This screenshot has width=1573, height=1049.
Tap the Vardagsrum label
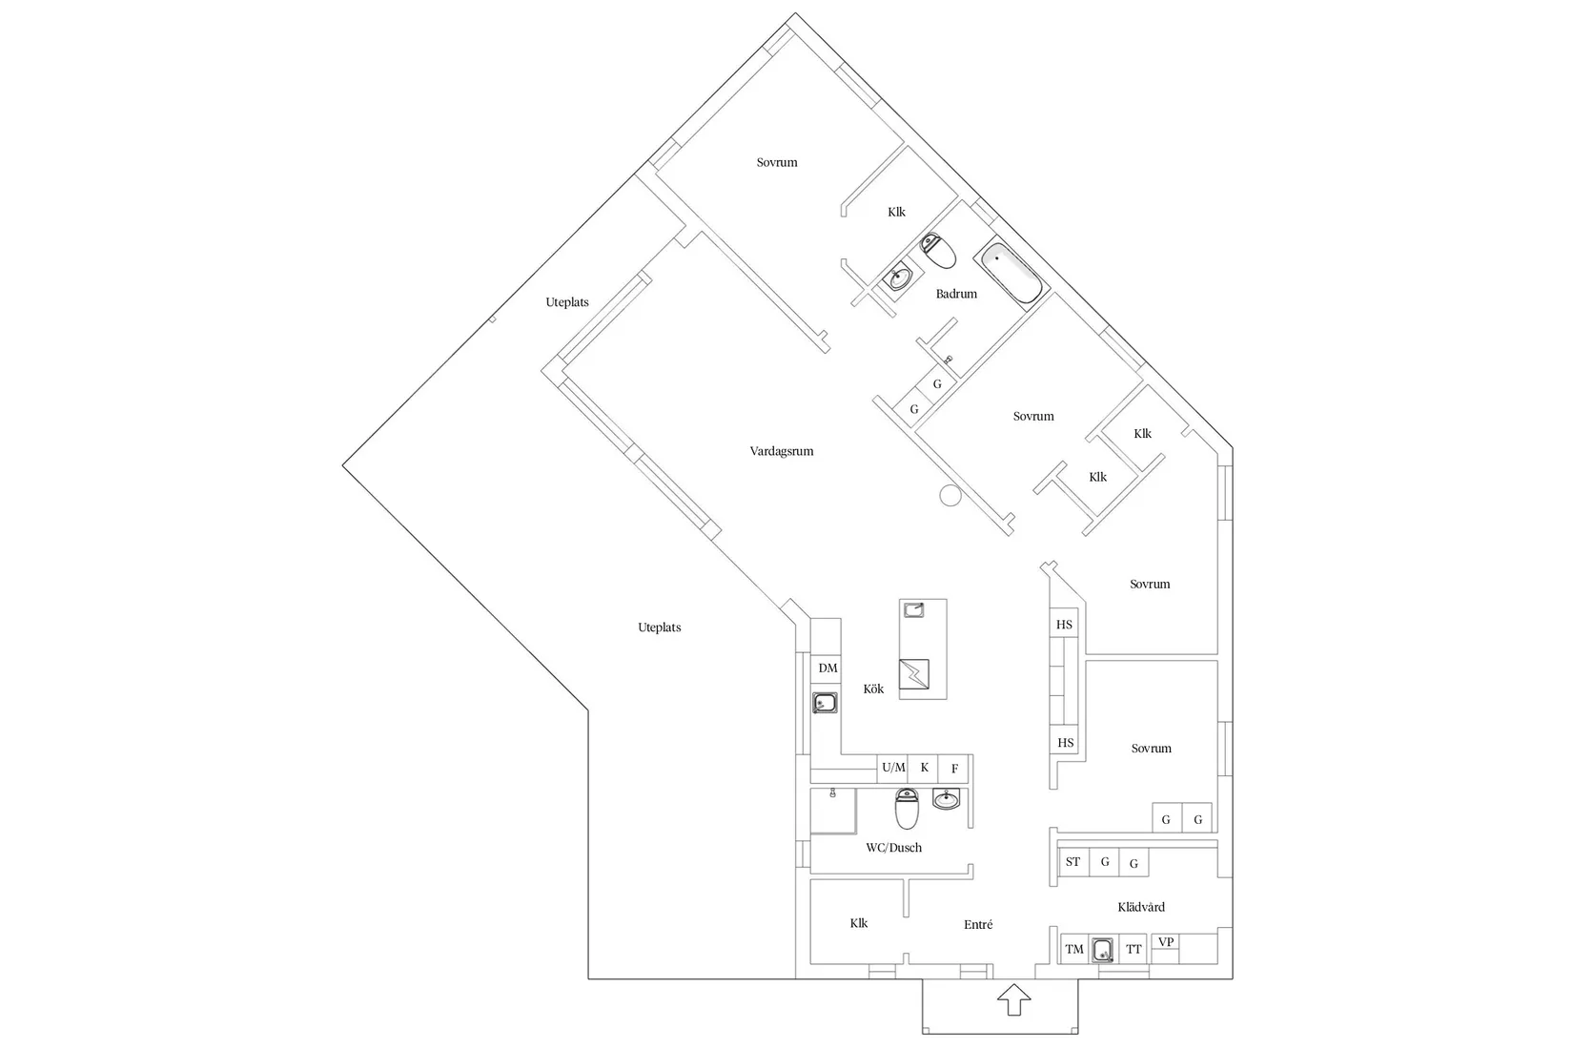coord(782,451)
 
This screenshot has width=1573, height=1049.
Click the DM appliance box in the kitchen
coord(827,668)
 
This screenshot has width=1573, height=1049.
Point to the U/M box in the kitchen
coord(893,768)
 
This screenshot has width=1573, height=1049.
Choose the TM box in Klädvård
coord(1074,949)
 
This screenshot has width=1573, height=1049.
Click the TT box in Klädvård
coord(1134,949)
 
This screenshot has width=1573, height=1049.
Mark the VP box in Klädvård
coord(1166,942)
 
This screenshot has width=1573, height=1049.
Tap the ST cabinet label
coord(1073,862)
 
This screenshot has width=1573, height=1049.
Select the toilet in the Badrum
coord(939,252)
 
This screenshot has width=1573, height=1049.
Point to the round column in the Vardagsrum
coord(950,495)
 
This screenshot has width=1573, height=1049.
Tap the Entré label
coord(978,924)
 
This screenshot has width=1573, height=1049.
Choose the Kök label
coord(873,689)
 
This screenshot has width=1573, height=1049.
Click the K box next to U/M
coord(924,768)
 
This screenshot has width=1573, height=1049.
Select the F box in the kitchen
coord(954,769)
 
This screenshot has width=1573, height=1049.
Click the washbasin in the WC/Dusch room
coord(947,800)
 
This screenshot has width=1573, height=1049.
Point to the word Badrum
coord(956,294)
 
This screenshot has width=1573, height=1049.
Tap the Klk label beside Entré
coord(859,923)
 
